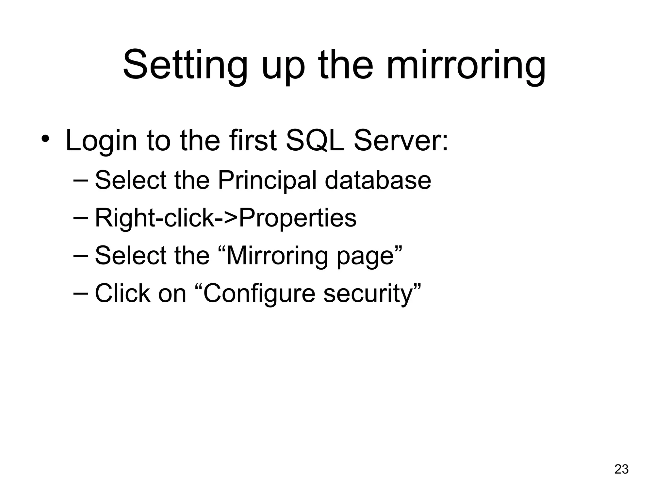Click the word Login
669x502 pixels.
[x=101, y=141]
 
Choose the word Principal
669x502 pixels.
[x=267, y=181]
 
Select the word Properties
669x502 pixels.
[x=298, y=219]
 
